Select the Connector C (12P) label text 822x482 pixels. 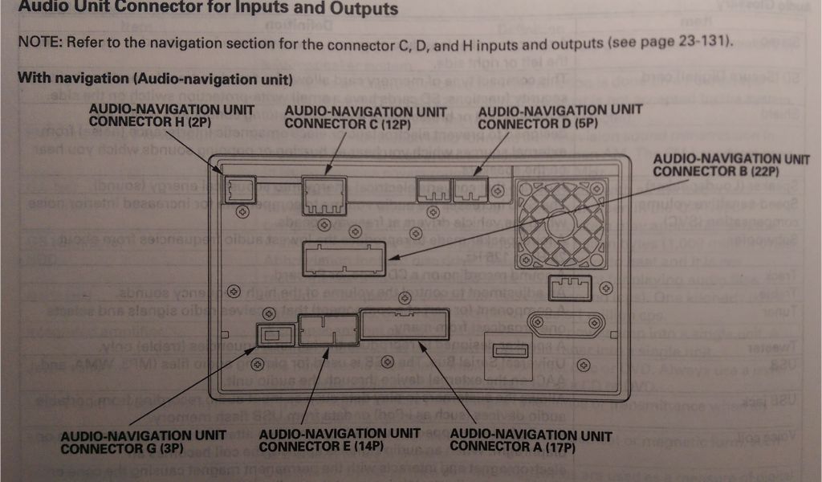(x=364, y=116)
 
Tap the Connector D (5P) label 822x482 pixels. (x=560, y=116)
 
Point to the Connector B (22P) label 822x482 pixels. (x=730, y=165)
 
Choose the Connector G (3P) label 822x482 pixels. (x=137, y=441)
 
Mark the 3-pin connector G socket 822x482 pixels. (x=272, y=334)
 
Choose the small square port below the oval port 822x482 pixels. (x=510, y=349)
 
